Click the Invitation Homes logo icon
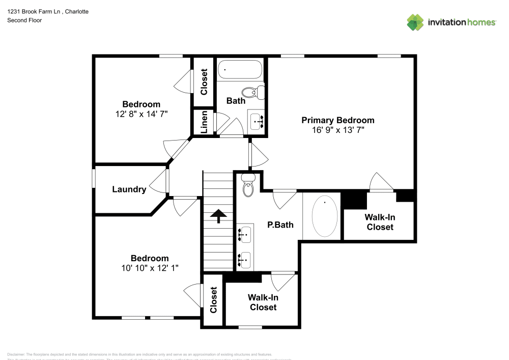[415, 22]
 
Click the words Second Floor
[24, 20]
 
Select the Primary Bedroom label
[338, 120]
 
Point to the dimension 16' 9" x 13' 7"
[338, 130]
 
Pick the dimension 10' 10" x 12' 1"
[149, 267]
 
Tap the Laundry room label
[129, 189]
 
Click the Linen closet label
[204, 123]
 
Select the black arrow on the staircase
[218, 216]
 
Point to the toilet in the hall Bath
[253, 92]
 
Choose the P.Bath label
[280, 225]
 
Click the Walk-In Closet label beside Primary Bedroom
[380, 222]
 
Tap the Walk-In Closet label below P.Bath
[263, 302]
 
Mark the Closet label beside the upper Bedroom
[204, 82]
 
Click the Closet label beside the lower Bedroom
[213, 300]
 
